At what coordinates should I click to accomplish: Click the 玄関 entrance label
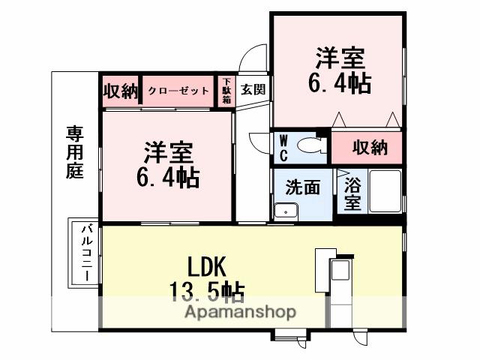[x=252, y=89]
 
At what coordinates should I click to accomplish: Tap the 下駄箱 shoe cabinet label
[x=226, y=90]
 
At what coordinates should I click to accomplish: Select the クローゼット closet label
[x=178, y=90]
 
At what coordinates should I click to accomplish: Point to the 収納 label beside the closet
[x=121, y=91]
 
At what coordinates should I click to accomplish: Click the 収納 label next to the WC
[x=370, y=147]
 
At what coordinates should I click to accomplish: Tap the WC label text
[x=284, y=146]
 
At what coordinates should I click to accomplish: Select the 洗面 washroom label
[x=302, y=187]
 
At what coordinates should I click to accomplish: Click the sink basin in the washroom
[x=284, y=211]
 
